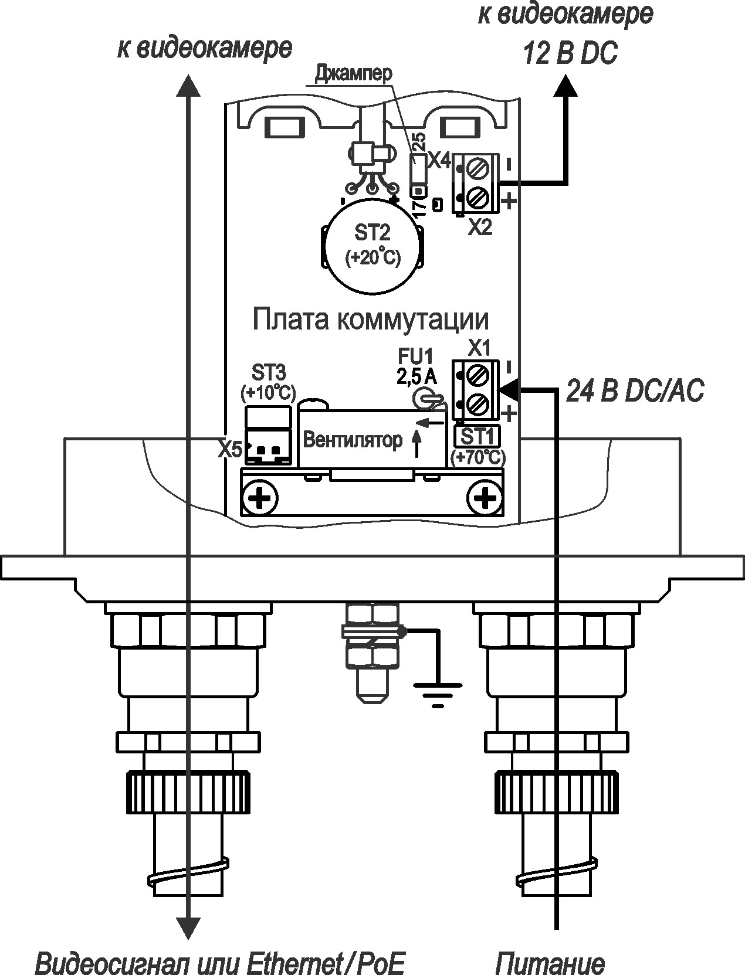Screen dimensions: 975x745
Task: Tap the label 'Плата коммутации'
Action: click(x=371, y=320)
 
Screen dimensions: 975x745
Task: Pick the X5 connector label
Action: click(x=230, y=450)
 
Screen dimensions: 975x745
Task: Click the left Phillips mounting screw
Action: click(x=259, y=499)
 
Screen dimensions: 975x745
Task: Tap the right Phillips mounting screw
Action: click(x=485, y=499)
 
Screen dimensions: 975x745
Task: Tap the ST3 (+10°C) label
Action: click(x=269, y=382)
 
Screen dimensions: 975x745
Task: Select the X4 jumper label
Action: click(x=438, y=160)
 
